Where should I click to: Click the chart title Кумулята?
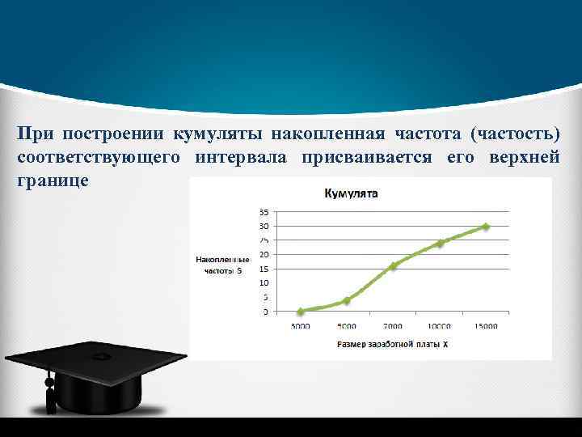(351, 193)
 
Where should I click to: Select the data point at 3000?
(301, 311)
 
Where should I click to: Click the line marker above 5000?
(347, 300)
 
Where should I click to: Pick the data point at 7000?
(393, 265)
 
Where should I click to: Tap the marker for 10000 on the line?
(440, 243)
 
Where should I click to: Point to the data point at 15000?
(486, 227)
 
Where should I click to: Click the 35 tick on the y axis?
(264, 211)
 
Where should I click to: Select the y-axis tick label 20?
(264, 254)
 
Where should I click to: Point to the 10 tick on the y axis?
(264, 282)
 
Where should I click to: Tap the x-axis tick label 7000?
(393, 325)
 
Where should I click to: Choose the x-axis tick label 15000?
(486, 325)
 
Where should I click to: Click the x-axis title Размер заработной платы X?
(393, 344)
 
